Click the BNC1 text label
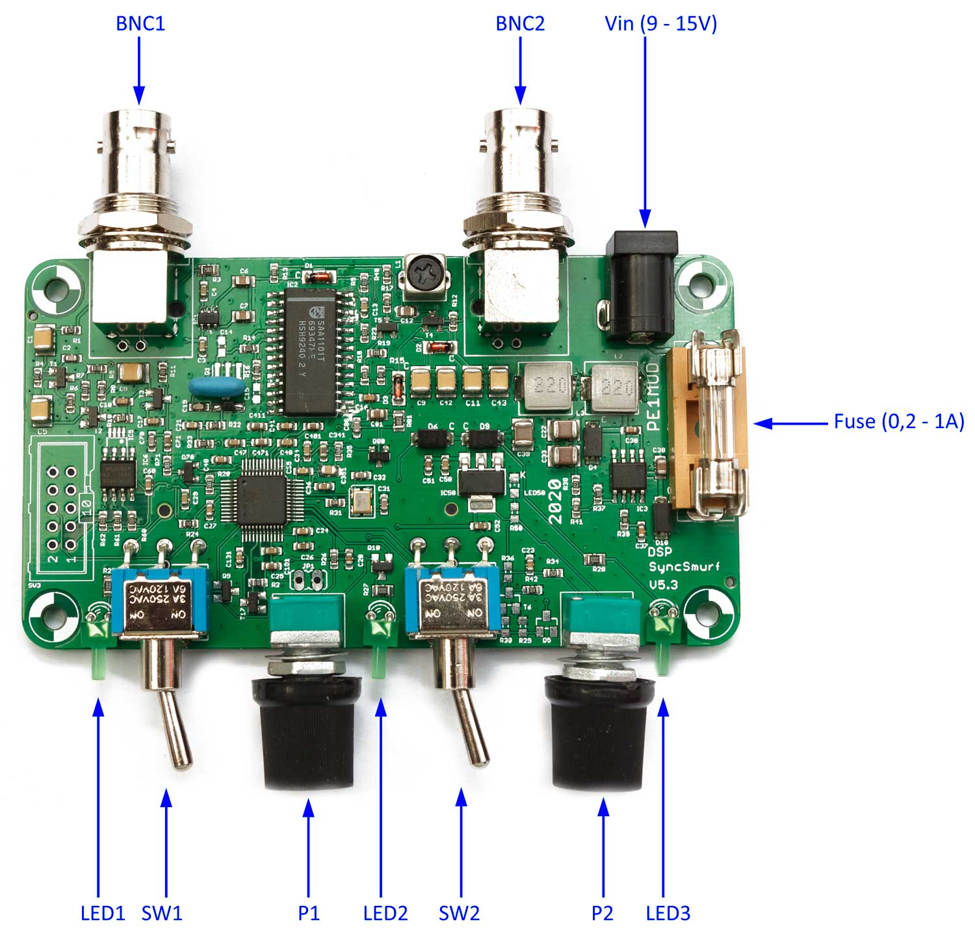[x=140, y=23]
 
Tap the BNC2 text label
[x=520, y=23]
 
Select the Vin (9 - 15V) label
[x=660, y=23]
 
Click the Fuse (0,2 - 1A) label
[x=899, y=421]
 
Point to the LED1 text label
[x=102, y=913]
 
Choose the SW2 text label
[x=459, y=913]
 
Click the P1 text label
[x=309, y=913]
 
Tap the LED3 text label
[x=668, y=913]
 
